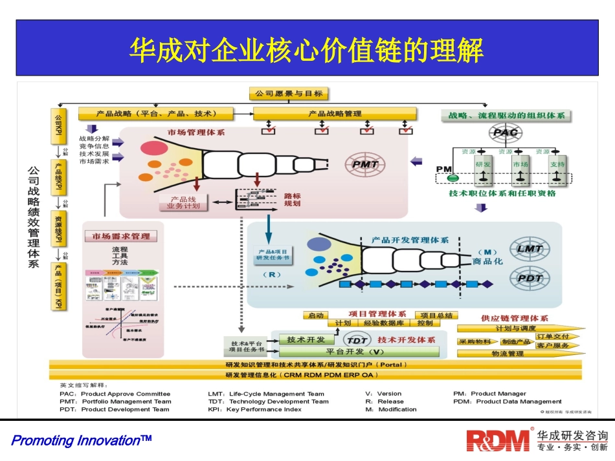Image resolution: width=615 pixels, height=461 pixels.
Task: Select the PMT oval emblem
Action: pos(365,164)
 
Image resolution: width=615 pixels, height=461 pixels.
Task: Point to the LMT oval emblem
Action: pos(530,249)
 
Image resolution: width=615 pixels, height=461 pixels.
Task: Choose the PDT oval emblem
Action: pos(530,278)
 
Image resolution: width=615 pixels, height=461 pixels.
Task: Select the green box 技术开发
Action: pos(306,339)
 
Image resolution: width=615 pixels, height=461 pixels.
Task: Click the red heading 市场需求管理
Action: pos(121,237)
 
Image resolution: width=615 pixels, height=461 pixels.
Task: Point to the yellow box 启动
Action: pos(315,316)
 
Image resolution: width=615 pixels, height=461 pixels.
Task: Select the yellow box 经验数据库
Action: pos(384,323)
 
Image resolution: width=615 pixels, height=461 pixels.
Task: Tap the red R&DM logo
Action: pos(498,440)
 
